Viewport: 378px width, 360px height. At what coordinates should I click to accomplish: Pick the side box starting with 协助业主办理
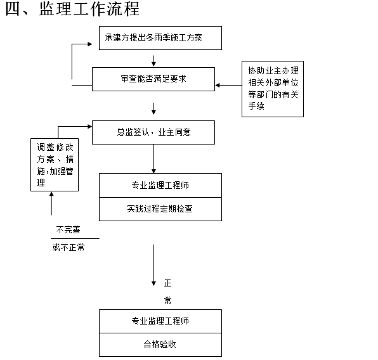click(x=272, y=89)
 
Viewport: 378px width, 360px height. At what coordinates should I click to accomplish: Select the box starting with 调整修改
click(x=55, y=165)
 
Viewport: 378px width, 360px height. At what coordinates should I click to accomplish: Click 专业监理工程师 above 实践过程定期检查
click(x=160, y=186)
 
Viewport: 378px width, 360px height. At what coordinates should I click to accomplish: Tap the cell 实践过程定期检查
click(x=160, y=209)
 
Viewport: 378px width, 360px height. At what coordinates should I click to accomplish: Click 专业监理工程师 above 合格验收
click(x=160, y=321)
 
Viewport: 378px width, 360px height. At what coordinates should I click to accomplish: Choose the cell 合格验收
click(x=160, y=345)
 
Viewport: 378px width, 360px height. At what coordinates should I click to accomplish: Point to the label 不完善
click(x=68, y=229)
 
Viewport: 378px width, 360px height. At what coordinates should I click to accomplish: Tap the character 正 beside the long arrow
click(x=167, y=283)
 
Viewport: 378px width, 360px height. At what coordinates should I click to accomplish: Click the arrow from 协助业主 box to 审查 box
click(x=228, y=85)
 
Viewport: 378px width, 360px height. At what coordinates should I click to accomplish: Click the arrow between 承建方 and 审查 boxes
click(x=153, y=60)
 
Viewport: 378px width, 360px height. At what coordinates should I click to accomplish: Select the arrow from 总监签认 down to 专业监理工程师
click(x=153, y=158)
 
